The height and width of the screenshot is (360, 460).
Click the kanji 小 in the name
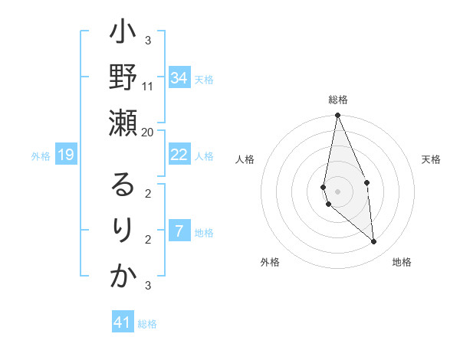(123, 34)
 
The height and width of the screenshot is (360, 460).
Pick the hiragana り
(123, 230)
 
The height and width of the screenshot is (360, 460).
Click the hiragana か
(123, 276)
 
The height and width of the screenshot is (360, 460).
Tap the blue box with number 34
(179, 78)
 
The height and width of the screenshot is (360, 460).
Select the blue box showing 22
(179, 155)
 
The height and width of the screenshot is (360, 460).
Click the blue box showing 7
(179, 231)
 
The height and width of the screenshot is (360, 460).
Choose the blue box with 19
(66, 155)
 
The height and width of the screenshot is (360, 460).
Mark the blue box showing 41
(123, 322)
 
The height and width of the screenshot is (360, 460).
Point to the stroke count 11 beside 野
(148, 86)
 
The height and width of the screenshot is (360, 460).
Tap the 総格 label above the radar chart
(338, 100)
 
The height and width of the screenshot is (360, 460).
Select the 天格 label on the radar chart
(432, 159)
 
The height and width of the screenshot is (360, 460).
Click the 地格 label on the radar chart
(402, 262)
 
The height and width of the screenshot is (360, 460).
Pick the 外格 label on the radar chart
(270, 262)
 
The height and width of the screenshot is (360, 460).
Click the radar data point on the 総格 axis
(337, 116)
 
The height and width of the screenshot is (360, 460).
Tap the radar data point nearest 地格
(374, 242)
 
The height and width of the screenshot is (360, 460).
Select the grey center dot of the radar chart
(337, 191)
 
